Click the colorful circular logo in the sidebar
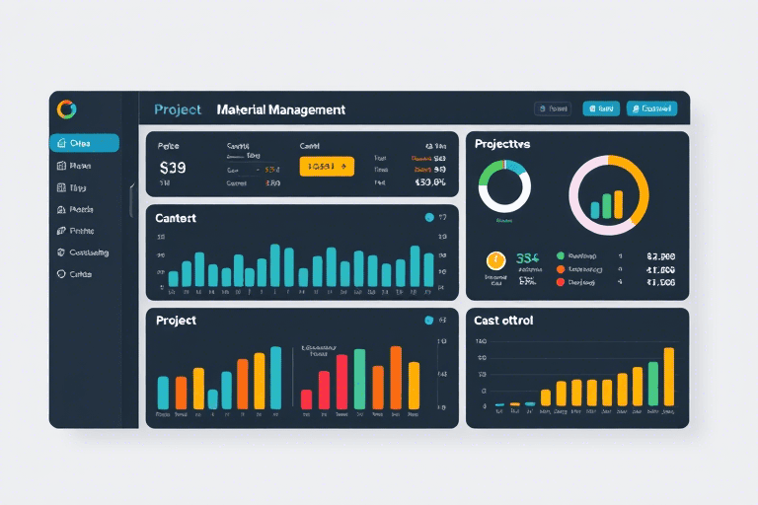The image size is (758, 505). click(67, 108)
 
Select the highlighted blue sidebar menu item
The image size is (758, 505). click(84, 143)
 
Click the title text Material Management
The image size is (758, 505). click(280, 110)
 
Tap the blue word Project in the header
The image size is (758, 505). click(178, 110)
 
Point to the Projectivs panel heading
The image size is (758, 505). click(502, 144)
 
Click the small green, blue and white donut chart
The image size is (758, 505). click(504, 184)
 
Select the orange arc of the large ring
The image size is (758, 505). click(640, 187)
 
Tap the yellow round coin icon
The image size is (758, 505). click(495, 260)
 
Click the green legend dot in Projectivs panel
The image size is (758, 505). click(561, 254)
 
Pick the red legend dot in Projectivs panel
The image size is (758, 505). click(561, 281)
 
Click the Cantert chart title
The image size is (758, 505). click(177, 218)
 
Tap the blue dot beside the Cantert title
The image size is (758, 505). click(428, 218)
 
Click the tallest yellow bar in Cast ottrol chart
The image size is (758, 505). click(668, 377)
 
